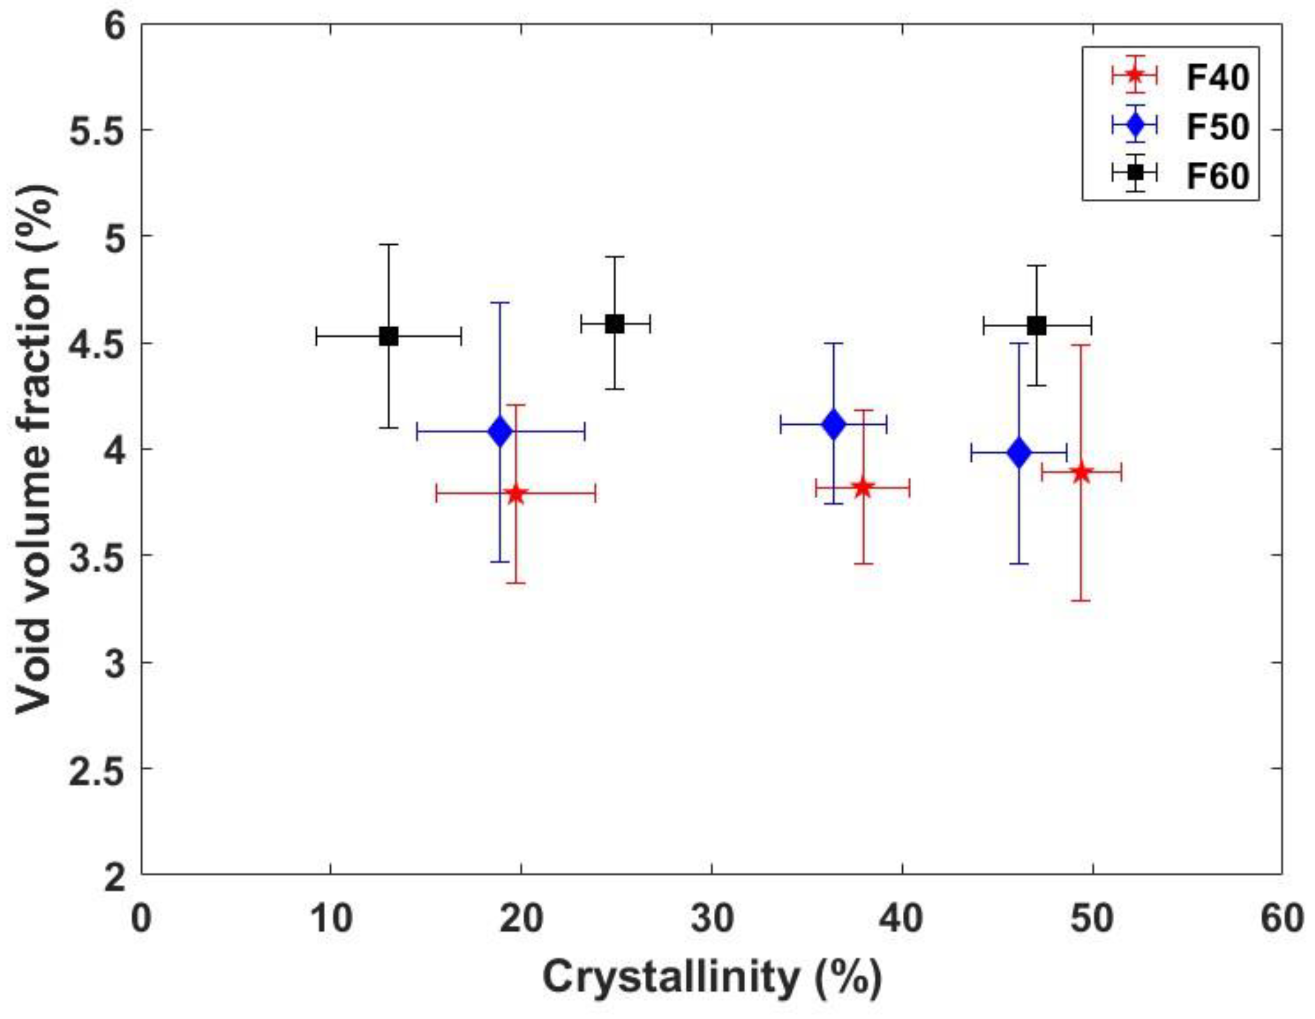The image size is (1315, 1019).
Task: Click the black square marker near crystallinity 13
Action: tap(389, 337)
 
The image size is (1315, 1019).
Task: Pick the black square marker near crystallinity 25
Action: tap(615, 324)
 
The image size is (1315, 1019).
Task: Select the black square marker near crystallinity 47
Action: tap(1037, 326)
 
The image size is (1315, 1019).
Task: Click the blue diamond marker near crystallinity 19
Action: tap(500, 431)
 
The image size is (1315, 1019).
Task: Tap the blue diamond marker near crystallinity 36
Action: tap(834, 425)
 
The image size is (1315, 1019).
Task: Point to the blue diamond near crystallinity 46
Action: tap(1019, 452)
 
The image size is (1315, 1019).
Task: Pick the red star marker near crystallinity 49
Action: tap(1081, 473)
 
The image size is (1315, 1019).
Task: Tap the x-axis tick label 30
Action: tap(712, 920)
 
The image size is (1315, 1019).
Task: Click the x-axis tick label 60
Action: tap(1281, 920)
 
